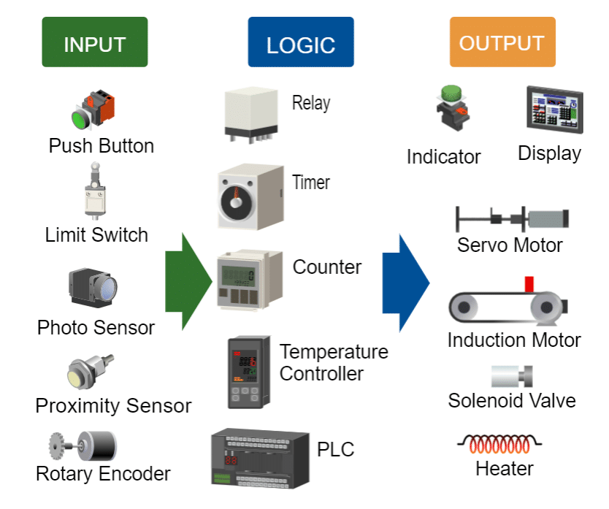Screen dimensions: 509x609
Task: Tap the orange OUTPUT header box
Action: point(502,42)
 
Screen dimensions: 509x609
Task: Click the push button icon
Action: point(93,108)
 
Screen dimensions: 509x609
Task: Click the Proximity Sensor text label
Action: point(113,405)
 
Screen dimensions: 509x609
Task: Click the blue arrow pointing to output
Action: point(405,282)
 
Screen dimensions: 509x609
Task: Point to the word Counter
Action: point(327,267)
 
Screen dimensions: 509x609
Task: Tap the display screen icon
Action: point(556,110)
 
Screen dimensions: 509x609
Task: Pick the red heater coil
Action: point(499,443)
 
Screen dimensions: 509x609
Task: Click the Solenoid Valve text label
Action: point(512,400)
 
